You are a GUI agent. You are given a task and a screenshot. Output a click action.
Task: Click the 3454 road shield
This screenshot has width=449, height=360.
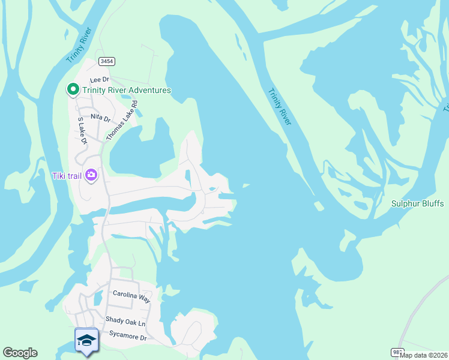click(x=107, y=61)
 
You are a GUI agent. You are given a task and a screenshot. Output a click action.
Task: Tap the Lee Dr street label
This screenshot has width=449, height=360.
click(x=99, y=80)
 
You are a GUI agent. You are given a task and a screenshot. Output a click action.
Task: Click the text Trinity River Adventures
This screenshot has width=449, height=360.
click(x=127, y=91)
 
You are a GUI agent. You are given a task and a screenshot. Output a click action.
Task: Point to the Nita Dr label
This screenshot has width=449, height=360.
click(x=100, y=118)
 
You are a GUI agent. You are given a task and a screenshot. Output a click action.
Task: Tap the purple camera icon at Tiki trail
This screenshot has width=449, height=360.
click(x=91, y=175)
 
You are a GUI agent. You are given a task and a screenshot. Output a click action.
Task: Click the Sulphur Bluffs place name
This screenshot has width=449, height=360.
click(x=417, y=204)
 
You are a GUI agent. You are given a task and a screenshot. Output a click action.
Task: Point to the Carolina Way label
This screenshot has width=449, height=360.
click(x=131, y=295)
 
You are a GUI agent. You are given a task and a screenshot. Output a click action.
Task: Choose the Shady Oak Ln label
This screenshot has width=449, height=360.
click(x=125, y=322)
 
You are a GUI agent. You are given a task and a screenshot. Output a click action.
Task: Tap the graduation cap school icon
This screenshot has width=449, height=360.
click(x=87, y=340)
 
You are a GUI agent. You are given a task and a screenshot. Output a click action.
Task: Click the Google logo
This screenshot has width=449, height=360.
click(x=20, y=353)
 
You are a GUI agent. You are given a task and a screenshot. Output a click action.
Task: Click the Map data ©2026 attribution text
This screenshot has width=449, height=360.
click(x=423, y=355)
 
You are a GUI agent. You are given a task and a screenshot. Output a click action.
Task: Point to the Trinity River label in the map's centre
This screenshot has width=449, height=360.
click(x=279, y=107)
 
